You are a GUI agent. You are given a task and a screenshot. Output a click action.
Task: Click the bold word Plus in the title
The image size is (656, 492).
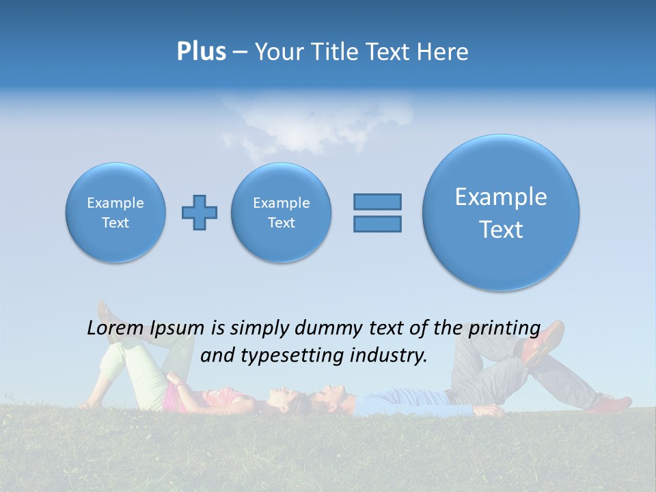pos(201,52)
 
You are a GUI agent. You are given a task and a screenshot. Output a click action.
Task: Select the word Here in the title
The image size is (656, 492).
pos(443,52)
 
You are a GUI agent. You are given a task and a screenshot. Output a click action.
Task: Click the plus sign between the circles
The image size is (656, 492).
pos(200,212)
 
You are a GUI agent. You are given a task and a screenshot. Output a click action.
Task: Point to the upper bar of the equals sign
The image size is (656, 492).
pos(377,202)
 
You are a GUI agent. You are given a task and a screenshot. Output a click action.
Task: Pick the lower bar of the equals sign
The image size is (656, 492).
pos(377,223)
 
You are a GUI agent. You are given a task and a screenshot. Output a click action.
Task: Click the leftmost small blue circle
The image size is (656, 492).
pos(115,212)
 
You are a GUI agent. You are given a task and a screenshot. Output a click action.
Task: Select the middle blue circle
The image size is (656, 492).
pos(281,212)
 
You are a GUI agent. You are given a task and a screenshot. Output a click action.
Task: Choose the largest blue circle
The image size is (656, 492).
pos(501,212)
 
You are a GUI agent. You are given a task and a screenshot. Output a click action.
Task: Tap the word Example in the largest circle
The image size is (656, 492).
pos(501,197)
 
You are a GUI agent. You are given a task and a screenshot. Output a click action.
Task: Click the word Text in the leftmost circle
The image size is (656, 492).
pos(115,223)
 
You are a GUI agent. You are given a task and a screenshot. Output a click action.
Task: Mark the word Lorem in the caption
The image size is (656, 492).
pos(113,329)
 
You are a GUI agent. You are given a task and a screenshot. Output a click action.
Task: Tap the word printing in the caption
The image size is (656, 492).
pos(505,329)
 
